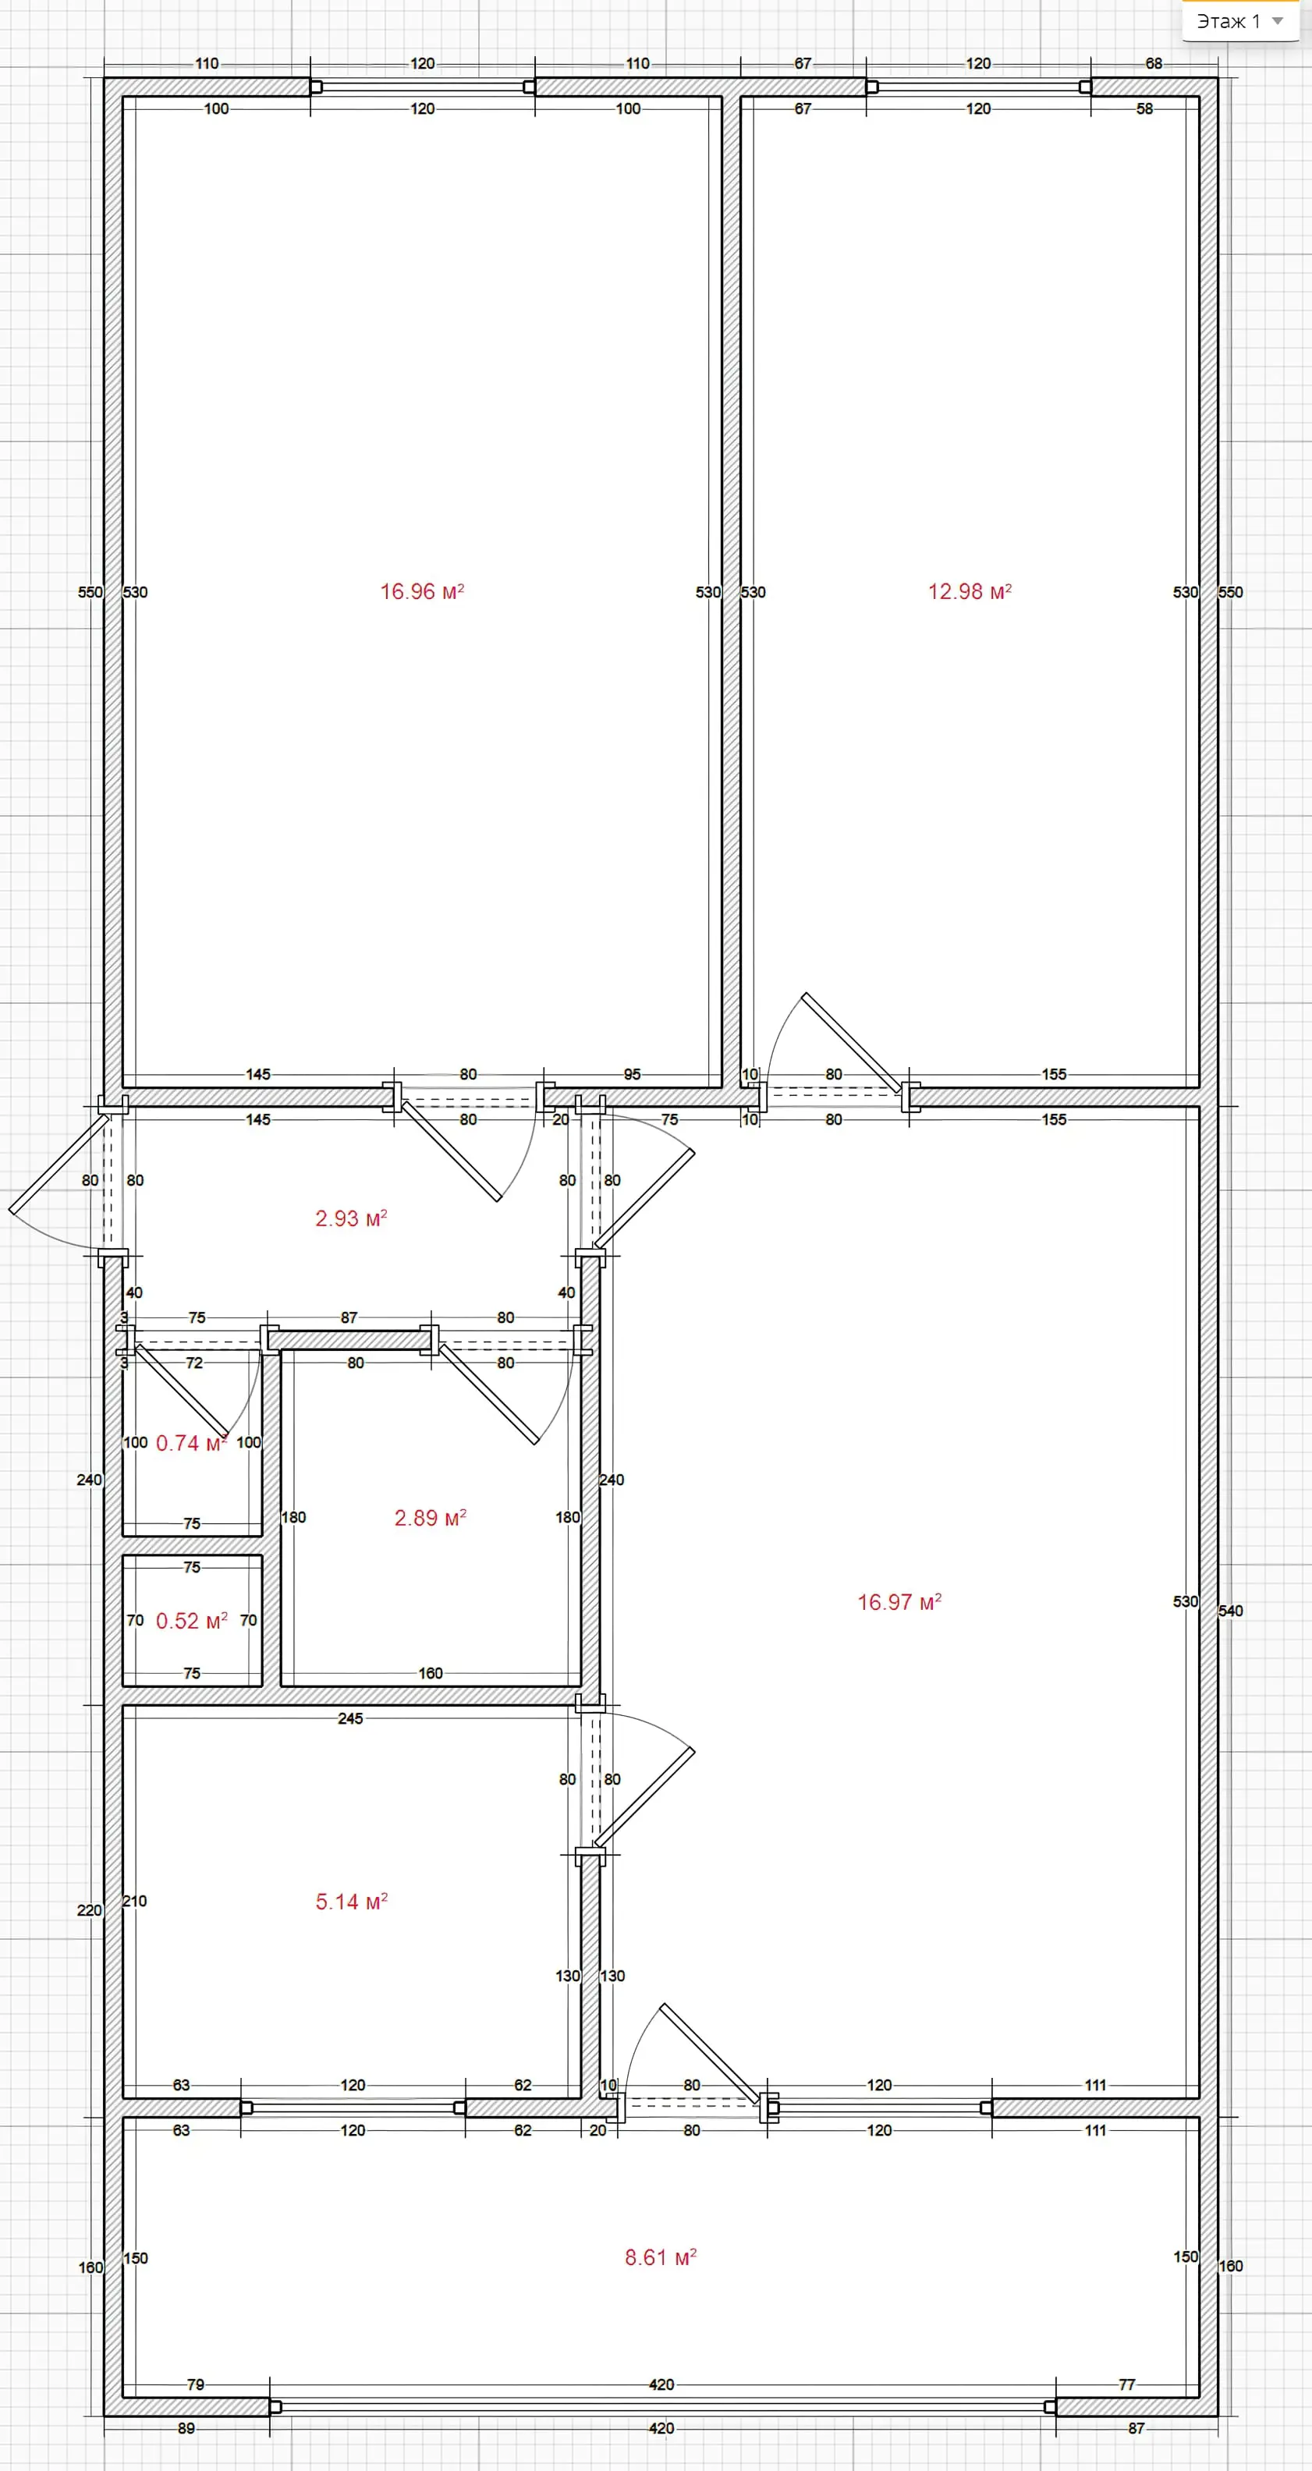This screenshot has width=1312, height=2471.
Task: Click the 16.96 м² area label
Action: [422, 592]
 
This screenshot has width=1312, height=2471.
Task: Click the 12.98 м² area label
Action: [970, 592]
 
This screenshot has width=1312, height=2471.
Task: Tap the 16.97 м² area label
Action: [899, 1602]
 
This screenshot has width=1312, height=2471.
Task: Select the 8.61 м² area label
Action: [661, 2257]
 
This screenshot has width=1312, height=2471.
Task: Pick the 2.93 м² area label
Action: [351, 1218]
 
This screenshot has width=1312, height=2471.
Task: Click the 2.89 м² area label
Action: [431, 1518]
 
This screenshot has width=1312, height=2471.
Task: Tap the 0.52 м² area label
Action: [192, 1620]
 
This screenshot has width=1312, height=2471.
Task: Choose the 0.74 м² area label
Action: [191, 1443]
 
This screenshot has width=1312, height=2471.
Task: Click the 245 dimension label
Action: [350, 1718]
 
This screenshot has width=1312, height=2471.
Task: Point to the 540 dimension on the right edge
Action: [1230, 1611]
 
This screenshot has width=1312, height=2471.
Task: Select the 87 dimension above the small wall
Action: [349, 1318]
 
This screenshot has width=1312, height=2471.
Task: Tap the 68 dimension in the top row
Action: [1154, 63]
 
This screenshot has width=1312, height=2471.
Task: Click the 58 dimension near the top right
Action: [1145, 108]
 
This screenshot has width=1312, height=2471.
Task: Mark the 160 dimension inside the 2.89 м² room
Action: [431, 1673]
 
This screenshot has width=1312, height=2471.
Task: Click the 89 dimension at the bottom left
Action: [186, 2428]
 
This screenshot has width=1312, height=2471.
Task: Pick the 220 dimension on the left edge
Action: [89, 1910]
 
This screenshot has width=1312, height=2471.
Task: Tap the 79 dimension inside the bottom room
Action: [196, 2384]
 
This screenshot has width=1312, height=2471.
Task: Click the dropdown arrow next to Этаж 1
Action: [1278, 21]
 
